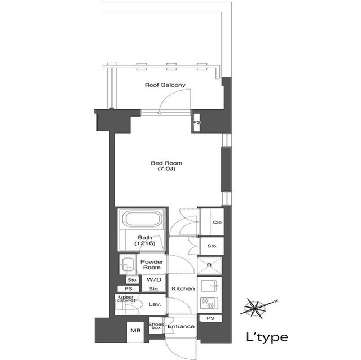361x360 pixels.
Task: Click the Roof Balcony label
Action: click(x=165, y=85)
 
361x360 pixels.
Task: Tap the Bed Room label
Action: click(x=166, y=163)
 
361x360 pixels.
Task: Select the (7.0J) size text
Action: click(x=166, y=169)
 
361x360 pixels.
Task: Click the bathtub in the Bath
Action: click(x=142, y=219)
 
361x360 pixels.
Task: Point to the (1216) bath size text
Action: click(x=145, y=243)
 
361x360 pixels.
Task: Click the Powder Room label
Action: click(x=152, y=265)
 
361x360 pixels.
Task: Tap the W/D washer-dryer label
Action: click(x=154, y=280)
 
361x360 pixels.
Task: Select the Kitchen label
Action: click(x=183, y=288)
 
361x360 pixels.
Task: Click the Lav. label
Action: click(x=155, y=304)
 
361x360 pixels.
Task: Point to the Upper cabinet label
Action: click(x=126, y=299)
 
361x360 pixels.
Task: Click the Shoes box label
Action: click(x=156, y=326)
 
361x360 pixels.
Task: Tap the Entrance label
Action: click(x=180, y=326)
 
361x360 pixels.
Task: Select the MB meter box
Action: click(x=135, y=331)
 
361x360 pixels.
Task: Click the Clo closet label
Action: click(x=217, y=223)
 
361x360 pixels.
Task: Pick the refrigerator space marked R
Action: click(x=209, y=265)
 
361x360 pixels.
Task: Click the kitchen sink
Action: click(x=209, y=286)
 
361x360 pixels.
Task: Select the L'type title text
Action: click(x=267, y=337)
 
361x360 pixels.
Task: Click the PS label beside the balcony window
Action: click(x=197, y=122)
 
